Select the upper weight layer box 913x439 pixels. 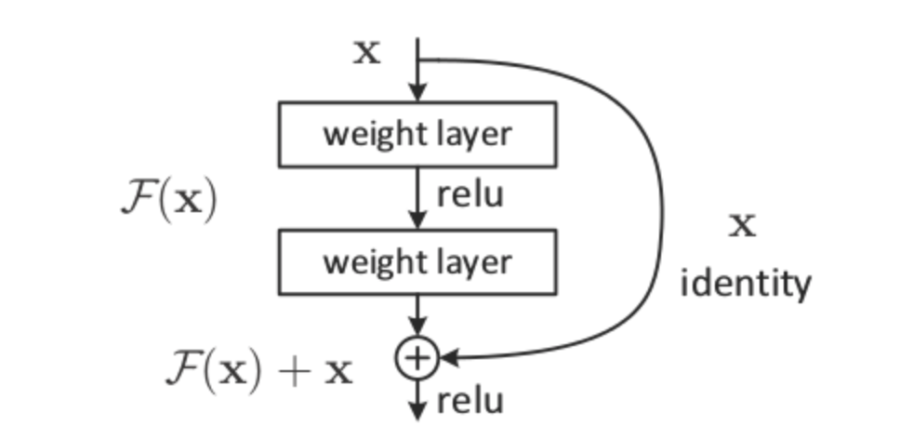[417, 134]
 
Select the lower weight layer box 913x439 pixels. [417, 261]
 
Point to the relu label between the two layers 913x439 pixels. [470, 196]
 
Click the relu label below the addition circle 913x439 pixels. [470, 401]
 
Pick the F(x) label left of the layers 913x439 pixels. [168, 201]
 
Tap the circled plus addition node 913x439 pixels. [417, 356]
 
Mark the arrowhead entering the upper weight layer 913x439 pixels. [417, 93]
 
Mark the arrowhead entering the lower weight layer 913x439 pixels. [417, 220]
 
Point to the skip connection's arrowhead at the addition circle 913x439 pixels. [447, 356]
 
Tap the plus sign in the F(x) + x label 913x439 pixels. [296, 371]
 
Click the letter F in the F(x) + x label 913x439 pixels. [181, 369]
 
